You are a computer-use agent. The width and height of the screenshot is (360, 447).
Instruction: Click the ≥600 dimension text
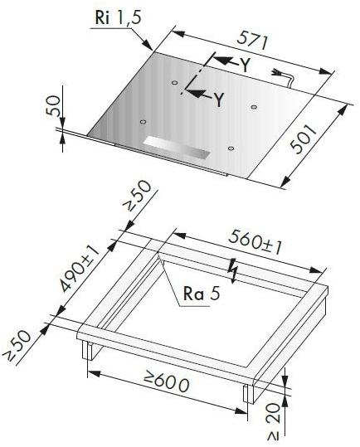(x=165, y=384)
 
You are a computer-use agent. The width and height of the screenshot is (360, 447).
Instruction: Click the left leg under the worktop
(x=86, y=352)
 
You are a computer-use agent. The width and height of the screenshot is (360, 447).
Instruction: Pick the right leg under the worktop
(x=248, y=392)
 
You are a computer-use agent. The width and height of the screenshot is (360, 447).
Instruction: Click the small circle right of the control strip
(x=231, y=150)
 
